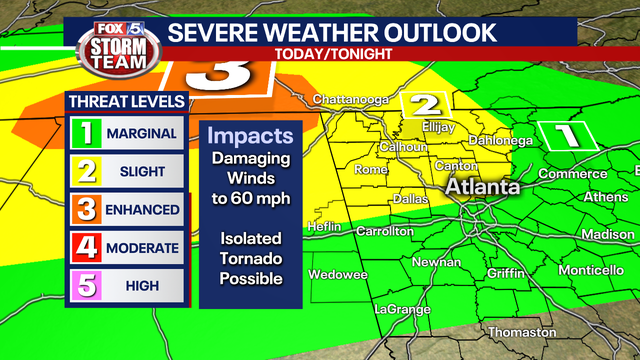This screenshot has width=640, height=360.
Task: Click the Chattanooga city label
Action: click(x=349, y=99)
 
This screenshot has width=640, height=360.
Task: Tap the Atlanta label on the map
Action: click(x=482, y=187)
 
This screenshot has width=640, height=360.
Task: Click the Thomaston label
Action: click(x=522, y=331)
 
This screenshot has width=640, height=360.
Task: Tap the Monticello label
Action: click(x=591, y=270)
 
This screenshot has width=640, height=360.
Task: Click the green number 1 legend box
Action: click(x=87, y=133)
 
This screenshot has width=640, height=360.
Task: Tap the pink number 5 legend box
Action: click(x=87, y=286)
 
